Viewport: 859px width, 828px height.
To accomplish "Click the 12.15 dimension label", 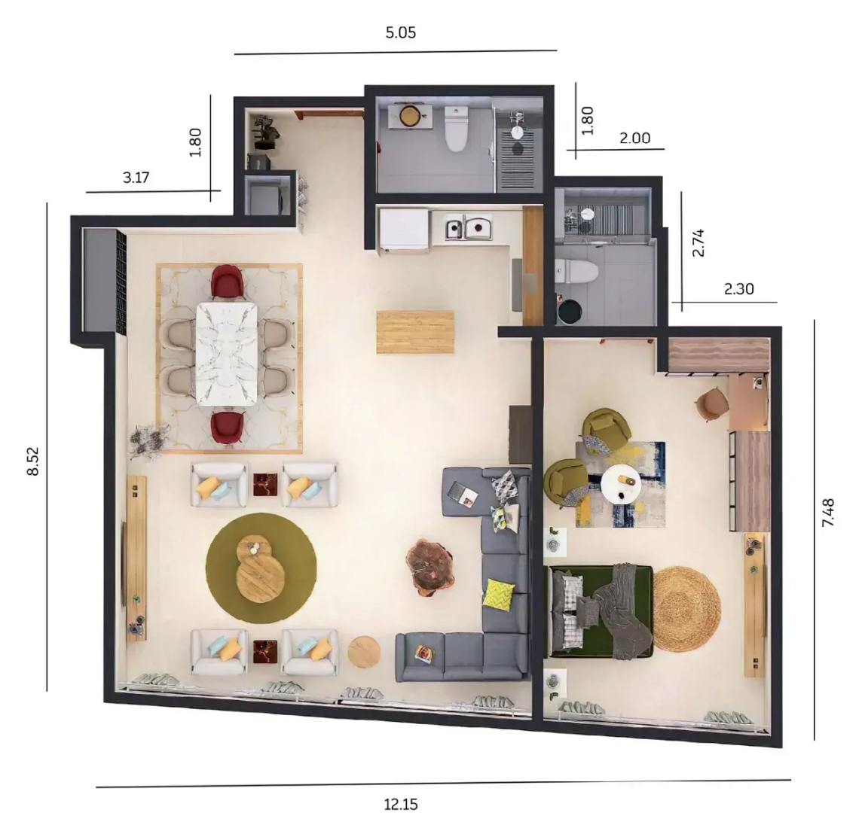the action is (400, 804).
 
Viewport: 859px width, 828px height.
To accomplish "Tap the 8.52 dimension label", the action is (33, 461).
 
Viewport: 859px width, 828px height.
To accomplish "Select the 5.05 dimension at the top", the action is (400, 33).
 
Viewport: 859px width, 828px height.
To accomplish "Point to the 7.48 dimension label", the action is (828, 513).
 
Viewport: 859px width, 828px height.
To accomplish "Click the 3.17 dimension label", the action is (136, 178).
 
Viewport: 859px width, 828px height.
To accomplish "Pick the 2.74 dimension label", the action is (698, 243).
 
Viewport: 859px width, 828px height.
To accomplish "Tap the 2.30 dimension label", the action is (739, 288).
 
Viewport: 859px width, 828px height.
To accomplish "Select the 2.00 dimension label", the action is (635, 138).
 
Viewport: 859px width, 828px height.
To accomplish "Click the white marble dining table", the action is (227, 354).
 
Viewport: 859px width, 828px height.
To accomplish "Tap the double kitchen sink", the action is (469, 227).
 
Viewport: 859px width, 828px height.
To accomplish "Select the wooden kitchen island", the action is (414, 332).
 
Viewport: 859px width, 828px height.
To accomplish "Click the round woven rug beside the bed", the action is (686, 609).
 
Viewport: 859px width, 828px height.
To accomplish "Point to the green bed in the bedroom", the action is (601, 611).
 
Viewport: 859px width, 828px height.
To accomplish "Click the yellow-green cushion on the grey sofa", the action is (499, 593).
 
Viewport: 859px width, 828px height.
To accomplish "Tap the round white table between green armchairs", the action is (620, 483).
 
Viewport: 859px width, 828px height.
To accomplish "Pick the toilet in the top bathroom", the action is (456, 129).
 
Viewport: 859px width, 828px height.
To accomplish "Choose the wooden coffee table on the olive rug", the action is (260, 568).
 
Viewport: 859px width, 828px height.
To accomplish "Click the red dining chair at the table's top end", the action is (228, 282).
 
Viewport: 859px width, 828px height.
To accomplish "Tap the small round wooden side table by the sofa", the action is (364, 651).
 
